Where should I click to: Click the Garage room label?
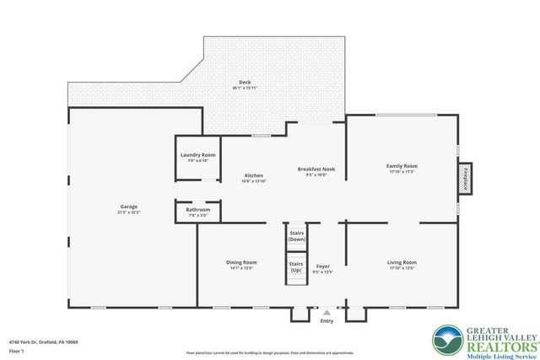[x=128, y=207]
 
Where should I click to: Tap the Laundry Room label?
[x=198, y=155]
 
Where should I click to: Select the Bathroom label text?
[x=198, y=210]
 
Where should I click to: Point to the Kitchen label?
[x=254, y=175]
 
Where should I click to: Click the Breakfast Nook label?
[x=316, y=169]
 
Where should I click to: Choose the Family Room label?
[x=401, y=167]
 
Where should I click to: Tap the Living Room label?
[x=402, y=262]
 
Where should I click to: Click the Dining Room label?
[x=241, y=262]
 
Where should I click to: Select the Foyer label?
[x=323, y=266]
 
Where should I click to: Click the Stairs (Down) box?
[x=296, y=235]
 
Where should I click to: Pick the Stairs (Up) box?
[x=296, y=267]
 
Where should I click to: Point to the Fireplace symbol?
[x=469, y=180]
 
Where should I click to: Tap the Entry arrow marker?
[x=327, y=311]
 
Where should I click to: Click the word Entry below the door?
[x=327, y=320]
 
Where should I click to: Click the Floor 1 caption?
[x=16, y=350]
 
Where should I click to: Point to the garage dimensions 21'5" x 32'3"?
[x=128, y=212]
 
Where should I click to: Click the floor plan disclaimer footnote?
[x=271, y=352]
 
